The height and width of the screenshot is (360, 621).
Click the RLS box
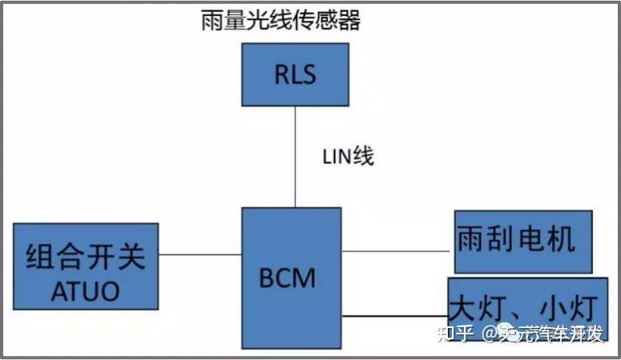[295, 75]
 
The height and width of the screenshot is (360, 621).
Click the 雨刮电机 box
[523, 241]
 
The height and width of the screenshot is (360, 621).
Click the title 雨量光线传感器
[280, 20]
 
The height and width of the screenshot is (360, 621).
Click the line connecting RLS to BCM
[295, 156]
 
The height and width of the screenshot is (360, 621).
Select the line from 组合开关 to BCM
[200, 255]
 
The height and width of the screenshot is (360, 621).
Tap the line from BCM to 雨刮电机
[397, 251]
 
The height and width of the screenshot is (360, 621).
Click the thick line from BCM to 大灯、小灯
[394, 316]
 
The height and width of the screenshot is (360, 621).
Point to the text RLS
[295, 75]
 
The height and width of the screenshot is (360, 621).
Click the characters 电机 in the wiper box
[550, 239]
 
